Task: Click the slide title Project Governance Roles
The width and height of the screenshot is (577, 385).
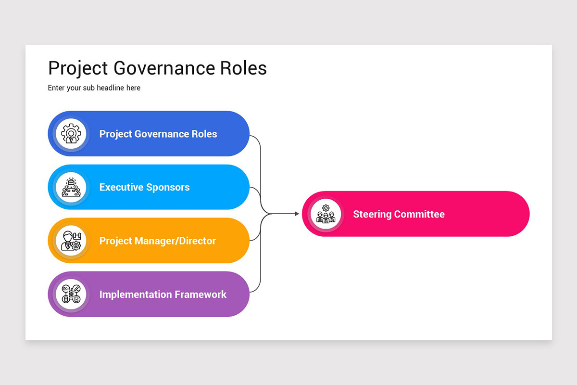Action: pos(157,68)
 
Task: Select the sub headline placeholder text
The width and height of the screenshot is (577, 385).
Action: pos(94,88)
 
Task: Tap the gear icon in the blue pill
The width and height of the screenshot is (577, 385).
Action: pos(71,134)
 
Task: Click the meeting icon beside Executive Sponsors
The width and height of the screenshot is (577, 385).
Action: pos(71,187)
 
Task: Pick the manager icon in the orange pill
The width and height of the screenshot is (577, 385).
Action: pos(71,241)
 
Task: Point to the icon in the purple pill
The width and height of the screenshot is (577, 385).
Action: pos(71,294)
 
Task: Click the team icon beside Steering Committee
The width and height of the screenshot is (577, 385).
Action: pos(326,214)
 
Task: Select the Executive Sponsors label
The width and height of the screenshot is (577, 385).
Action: pos(144,187)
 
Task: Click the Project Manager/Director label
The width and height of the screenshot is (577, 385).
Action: pos(157,241)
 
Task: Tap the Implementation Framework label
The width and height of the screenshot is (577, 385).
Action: pos(163,294)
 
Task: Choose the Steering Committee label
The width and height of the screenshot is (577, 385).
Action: pos(399,214)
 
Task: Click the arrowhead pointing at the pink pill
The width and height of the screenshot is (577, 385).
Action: pos(297,214)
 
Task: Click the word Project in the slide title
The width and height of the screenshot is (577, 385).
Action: pos(78,68)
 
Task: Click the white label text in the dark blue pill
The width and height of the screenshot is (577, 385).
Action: pos(158,134)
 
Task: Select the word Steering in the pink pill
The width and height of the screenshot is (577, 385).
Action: pos(370,214)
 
